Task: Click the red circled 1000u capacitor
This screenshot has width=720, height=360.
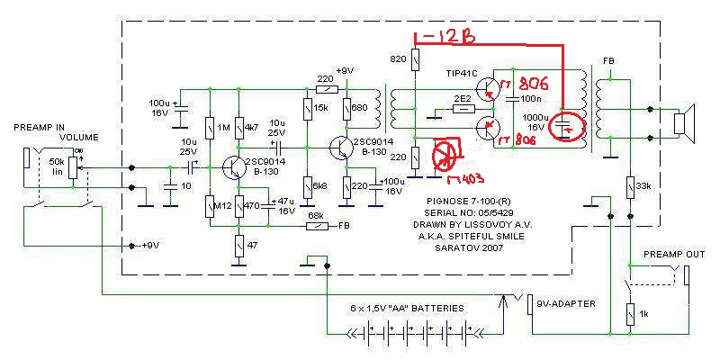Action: pos(564,130)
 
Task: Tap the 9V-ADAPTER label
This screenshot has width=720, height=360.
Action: pos(565,302)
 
